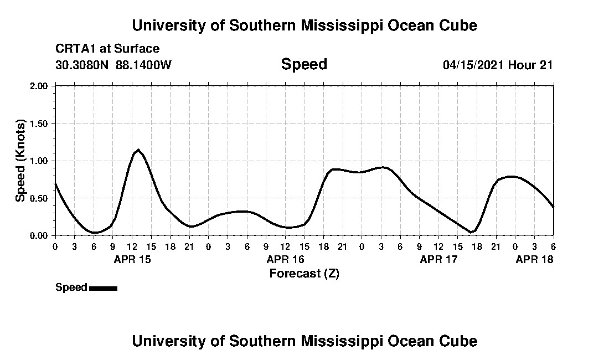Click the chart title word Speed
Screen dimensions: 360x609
click(304, 64)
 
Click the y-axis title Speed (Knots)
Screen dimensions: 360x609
click(20, 161)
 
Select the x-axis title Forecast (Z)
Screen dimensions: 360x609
click(304, 273)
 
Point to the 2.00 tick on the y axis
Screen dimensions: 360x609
click(39, 86)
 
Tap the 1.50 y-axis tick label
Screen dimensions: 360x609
click(39, 124)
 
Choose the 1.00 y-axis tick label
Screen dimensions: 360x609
click(39, 161)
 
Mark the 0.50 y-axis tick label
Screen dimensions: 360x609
click(39, 198)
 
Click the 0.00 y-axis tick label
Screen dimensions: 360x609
click(39, 236)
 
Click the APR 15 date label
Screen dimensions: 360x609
click(132, 259)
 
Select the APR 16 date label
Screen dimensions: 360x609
click(285, 259)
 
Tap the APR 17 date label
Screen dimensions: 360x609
click(438, 259)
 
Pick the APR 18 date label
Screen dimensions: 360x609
click(534, 259)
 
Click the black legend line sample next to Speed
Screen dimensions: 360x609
click(103, 288)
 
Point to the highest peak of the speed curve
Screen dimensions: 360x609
click(138, 150)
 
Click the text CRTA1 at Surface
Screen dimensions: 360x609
click(107, 49)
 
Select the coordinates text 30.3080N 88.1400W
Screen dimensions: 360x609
click(113, 65)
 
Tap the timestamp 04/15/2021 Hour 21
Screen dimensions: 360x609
click(498, 65)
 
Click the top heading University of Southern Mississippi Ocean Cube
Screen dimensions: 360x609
click(304, 25)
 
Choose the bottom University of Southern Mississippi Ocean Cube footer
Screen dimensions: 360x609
click(304, 341)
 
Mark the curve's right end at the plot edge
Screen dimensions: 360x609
click(553, 207)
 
